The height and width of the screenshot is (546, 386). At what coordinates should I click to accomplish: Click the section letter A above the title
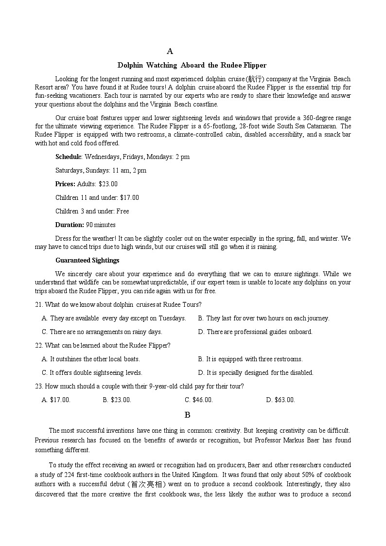170,51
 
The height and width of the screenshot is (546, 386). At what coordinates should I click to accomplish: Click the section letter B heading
187,415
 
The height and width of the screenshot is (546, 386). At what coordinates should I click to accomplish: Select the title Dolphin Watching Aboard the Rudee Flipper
192,65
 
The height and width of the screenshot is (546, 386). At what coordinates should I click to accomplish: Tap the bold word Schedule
69,157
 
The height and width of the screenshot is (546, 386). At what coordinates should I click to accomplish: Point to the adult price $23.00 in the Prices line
108,184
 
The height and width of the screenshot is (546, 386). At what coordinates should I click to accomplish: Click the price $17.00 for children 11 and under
129,197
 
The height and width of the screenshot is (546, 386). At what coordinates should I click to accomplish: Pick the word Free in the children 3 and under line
123,211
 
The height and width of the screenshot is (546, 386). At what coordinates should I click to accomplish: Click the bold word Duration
70,225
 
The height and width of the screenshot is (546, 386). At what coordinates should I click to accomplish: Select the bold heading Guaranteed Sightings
87,260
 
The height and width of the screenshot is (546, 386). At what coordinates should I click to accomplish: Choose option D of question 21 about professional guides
255,332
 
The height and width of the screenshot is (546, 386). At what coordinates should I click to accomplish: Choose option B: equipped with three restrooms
250,359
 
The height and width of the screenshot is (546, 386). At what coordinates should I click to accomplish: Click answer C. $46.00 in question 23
199,400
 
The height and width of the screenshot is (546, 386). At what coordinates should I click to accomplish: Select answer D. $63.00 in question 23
281,400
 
